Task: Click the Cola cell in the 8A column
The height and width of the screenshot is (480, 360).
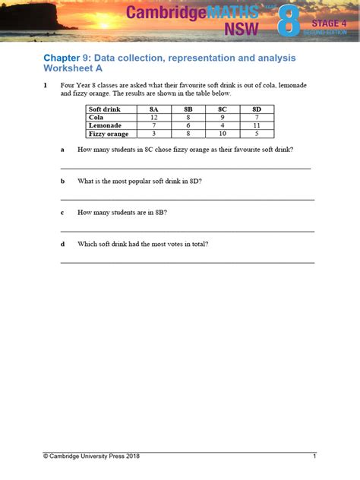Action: [x=153, y=118]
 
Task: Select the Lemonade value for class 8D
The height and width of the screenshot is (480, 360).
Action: [x=257, y=125]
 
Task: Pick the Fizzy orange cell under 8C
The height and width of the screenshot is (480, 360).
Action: [x=223, y=134]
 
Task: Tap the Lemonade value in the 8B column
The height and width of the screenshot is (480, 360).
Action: [x=188, y=125]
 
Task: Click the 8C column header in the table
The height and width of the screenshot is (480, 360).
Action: [x=223, y=109]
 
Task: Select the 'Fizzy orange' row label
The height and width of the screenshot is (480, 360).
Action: [x=109, y=134]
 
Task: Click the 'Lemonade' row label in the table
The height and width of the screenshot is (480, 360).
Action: [x=106, y=125]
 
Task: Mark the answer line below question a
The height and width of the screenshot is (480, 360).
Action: [x=185, y=167]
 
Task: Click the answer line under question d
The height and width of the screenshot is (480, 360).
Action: [x=187, y=262]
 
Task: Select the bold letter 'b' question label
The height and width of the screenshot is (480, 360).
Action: [x=63, y=182]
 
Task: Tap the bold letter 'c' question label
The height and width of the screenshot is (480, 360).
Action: [x=62, y=213]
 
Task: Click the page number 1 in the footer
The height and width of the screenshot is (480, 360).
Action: [x=314, y=456]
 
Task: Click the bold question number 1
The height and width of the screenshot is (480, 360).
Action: [x=46, y=86]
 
